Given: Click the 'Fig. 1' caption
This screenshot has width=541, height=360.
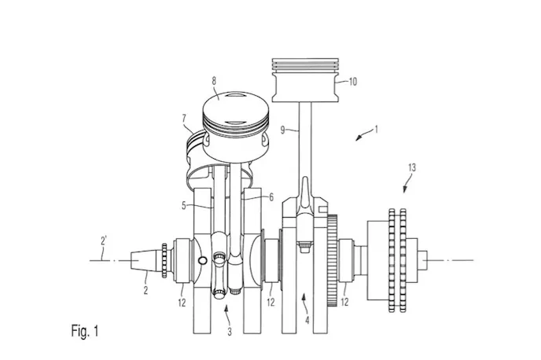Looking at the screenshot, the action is [x=85, y=331].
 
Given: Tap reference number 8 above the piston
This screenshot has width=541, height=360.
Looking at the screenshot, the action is [x=214, y=81].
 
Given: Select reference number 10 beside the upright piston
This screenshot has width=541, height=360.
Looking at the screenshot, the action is [x=352, y=82].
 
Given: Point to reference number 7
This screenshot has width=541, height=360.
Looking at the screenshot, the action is [x=184, y=119].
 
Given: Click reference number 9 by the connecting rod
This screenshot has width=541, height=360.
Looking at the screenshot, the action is [x=282, y=130].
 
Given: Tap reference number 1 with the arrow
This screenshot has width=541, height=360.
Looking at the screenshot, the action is [x=377, y=130].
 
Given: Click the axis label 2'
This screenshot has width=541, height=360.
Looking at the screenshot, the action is [x=104, y=241].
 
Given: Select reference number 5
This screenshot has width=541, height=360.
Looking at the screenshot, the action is [x=184, y=206].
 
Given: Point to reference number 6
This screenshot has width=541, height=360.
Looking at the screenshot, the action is [x=271, y=197].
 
